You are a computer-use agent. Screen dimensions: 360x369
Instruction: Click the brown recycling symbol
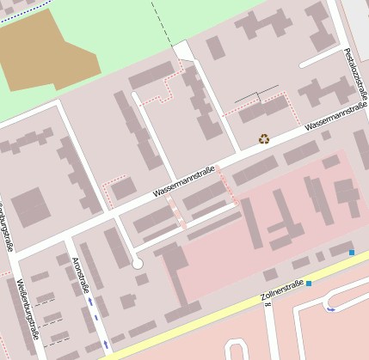click(264, 138)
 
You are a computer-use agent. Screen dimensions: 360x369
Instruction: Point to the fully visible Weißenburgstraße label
click(28, 308)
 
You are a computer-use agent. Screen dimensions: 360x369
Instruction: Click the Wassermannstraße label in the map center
click(183, 182)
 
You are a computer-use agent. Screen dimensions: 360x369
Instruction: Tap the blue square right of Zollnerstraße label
click(309, 284)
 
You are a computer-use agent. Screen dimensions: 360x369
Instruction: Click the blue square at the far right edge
click(351, 253)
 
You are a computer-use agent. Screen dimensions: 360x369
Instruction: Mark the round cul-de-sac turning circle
click(138, 264)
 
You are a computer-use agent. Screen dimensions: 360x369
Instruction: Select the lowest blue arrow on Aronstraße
click(106, 344)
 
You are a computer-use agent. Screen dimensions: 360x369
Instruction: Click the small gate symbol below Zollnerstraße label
click(268, 304)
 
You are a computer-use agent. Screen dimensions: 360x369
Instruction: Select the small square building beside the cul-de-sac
click(142, 279)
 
